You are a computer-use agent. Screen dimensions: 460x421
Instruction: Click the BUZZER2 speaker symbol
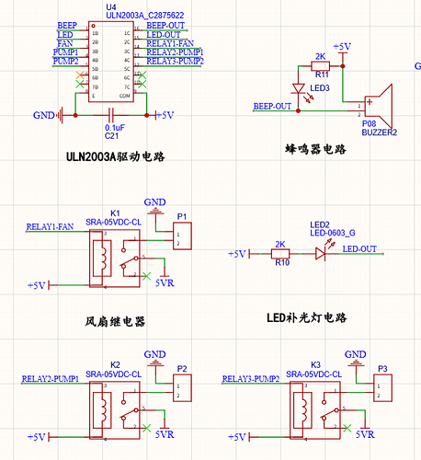[377, 107]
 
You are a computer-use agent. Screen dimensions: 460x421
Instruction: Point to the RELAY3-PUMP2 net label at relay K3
[251, 379]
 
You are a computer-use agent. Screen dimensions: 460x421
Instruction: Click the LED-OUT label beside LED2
[359, 249]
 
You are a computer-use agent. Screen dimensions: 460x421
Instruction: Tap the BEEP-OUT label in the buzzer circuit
[272, 107]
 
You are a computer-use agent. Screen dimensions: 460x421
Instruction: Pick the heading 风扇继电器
[115, 322]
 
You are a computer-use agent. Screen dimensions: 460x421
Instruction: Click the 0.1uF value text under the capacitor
[115, 126]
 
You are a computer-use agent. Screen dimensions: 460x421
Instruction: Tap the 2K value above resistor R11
[320, 56]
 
